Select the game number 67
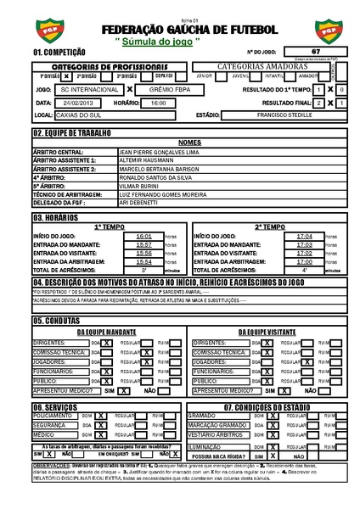[x=315, y=52]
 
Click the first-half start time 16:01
[x=143, y=236]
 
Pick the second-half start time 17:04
[x=303, y=236]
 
